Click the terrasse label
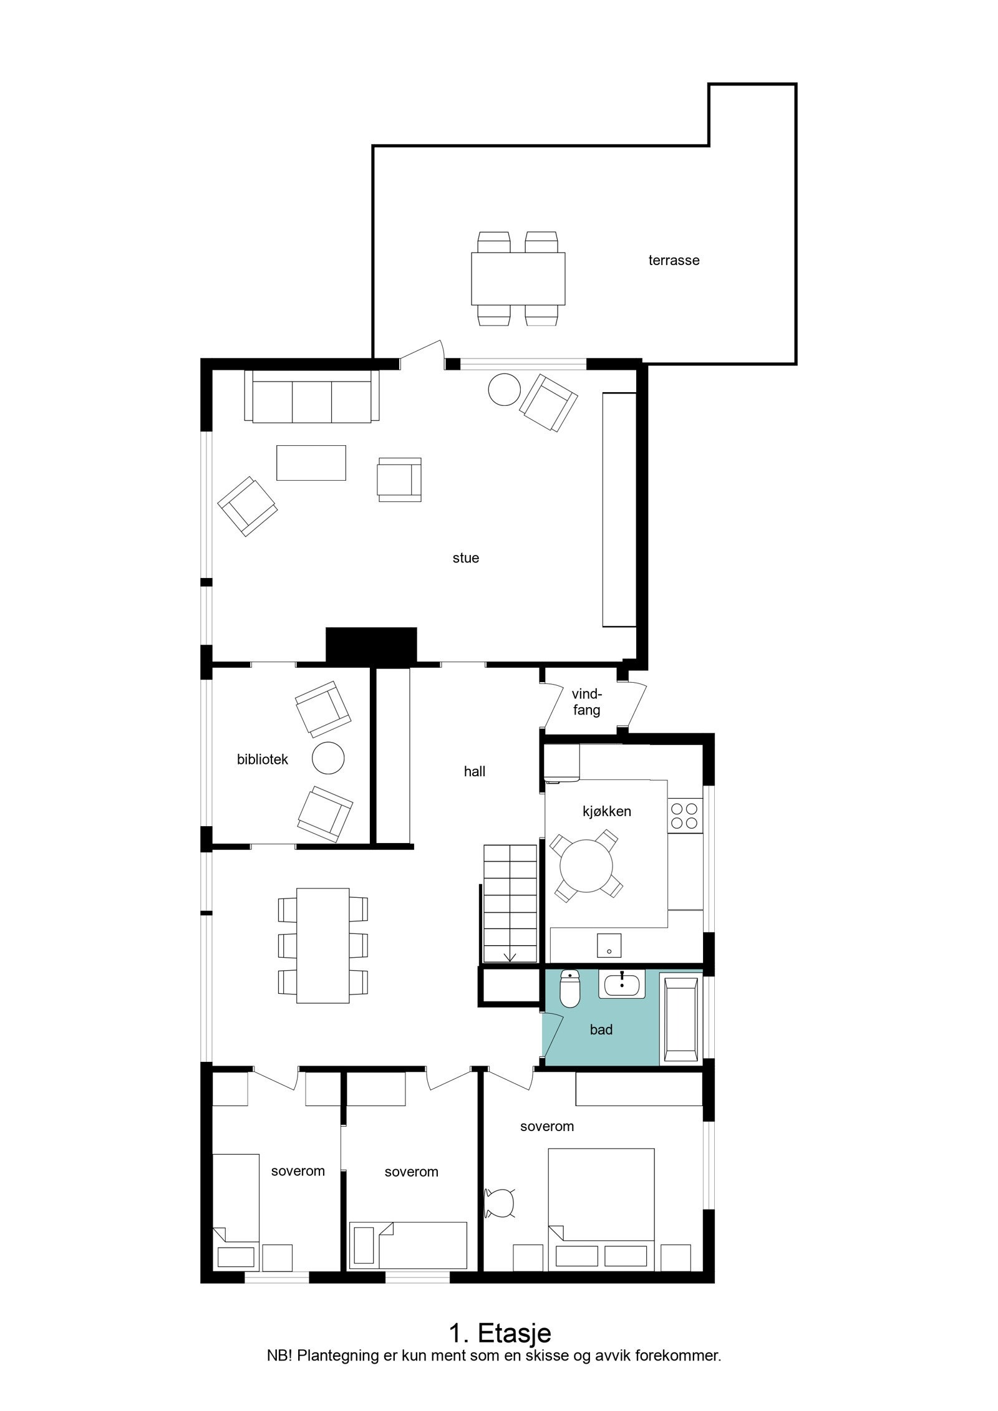point(674,261)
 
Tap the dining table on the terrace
point(518,277)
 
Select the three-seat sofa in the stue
point(312,397)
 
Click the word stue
point(465,558)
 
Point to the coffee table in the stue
point(311,463)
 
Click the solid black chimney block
point(371,645)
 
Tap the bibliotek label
point(263,759)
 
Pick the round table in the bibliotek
point(328,758)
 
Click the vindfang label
point(586,701)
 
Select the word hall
point(474,772)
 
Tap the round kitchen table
point(586,865)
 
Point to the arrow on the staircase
point(511,955)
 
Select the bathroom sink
point(621,985)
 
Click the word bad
point(601,1030)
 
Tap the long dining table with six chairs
point(322,945)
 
